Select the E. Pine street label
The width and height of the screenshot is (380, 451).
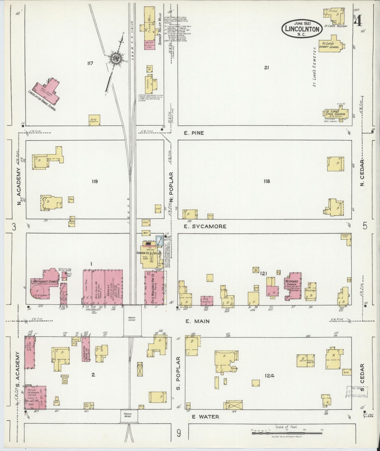coord(194,133)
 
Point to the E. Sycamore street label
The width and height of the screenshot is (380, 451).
coord(205,226)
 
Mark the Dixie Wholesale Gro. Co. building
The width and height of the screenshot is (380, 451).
coord(154,288)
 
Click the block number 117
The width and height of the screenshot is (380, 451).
coord(91,63)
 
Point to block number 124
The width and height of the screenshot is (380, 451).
coord(270,376)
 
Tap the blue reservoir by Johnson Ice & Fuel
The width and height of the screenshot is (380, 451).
coord(159,240)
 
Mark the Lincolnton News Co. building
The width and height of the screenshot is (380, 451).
coord(85,349)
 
